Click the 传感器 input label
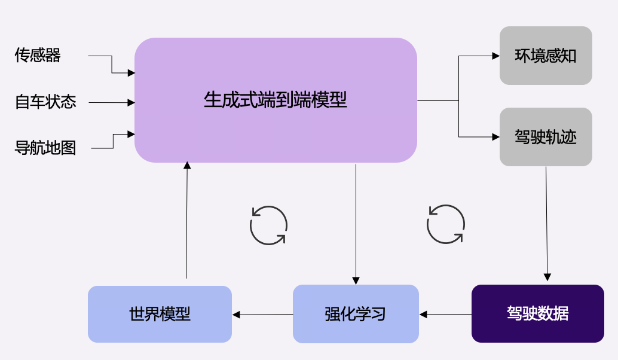coord(38,56)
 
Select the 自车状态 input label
coord(45,102)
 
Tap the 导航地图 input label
coord(45,148)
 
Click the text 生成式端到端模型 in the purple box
coord(276,99)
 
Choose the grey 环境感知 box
coord(546,56)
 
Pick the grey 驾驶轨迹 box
coord(546,137)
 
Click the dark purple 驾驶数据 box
coord(537,313)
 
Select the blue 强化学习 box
coord(356,314)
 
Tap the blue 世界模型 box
coord(160,314)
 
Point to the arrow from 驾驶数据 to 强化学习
coord(445,314)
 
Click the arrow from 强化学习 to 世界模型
coord(262,315)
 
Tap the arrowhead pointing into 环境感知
coord(495,56)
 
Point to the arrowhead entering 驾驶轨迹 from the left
coord(495,137)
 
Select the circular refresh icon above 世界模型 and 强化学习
coord(268,225)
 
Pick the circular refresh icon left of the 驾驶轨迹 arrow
coord(445,224)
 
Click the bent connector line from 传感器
coord(112,65)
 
